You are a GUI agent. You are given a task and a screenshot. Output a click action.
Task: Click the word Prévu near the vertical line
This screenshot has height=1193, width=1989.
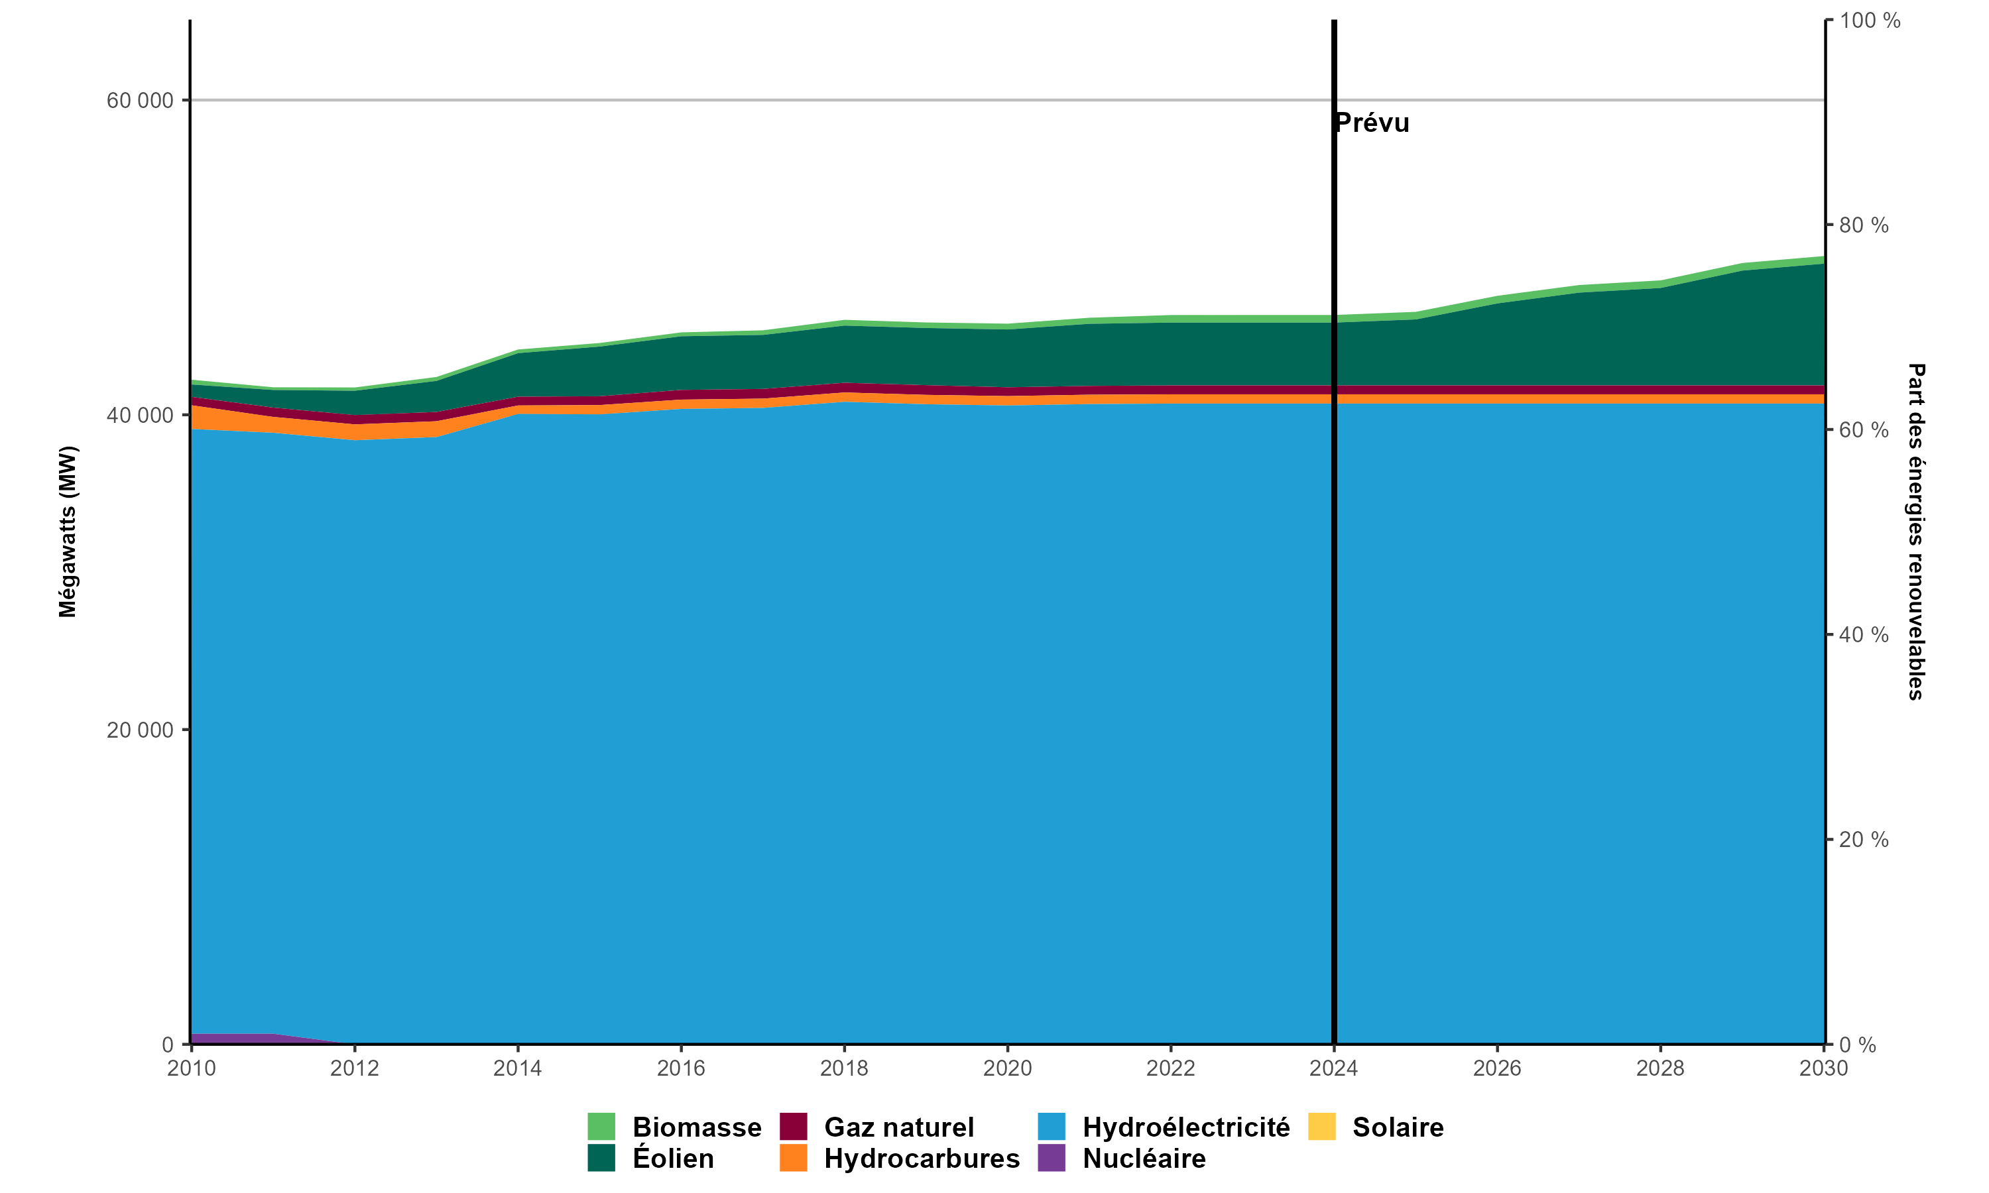pos(1372,123)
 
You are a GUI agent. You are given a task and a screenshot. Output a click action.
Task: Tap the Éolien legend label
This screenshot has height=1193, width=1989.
pos(673,1159)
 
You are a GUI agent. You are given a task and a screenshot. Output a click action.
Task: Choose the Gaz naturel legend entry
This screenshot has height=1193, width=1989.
pos(899,1127)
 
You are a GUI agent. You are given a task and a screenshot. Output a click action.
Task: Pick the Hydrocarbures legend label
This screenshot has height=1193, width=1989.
pos(922,1159)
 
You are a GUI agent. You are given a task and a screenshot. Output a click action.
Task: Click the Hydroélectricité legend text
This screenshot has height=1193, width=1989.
pos(1186,1127)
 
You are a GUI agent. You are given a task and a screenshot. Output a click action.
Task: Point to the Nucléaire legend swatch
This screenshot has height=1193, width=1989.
pos(1052,1158)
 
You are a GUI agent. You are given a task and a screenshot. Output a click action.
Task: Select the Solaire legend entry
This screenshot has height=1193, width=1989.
pos(1398,1127)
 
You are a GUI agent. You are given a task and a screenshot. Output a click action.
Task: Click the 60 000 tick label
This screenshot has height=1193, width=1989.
pos(140,101)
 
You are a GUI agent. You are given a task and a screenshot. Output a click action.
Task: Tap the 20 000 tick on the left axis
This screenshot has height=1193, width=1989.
pos(140,730)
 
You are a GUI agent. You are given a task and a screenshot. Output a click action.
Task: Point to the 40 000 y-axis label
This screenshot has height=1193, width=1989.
pos(140,416)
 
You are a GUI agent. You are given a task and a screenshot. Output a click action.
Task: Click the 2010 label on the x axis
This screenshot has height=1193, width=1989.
pos(192,1068)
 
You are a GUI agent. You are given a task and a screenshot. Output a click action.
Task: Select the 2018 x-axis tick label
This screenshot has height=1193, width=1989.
pos(844,1068)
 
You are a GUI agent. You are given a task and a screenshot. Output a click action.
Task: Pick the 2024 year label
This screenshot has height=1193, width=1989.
pos(1334,1068)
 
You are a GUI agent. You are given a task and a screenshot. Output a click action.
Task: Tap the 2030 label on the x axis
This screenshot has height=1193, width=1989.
pos(1823,1068)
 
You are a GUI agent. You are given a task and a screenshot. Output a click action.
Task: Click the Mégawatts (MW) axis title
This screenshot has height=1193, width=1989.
pos(68,532)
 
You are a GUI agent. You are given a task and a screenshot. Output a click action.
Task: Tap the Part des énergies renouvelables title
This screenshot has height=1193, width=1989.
pos(1917,532)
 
